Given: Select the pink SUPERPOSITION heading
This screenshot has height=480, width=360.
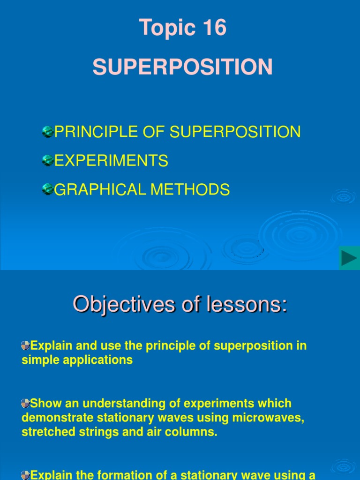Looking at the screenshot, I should point(182,67).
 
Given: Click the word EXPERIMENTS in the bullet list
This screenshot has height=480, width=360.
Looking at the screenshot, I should point(111,161).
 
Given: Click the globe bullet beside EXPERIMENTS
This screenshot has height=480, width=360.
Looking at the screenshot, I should point(47,161).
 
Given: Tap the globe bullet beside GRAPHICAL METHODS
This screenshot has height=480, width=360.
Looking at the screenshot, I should point(47,189).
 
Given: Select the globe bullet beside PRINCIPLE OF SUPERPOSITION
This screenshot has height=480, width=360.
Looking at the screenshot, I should point(47,132).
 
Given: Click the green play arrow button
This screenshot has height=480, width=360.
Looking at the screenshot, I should point(349,258).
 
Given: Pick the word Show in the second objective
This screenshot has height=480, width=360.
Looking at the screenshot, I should point(44,404).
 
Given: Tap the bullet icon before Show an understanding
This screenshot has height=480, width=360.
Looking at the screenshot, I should point(26,403).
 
